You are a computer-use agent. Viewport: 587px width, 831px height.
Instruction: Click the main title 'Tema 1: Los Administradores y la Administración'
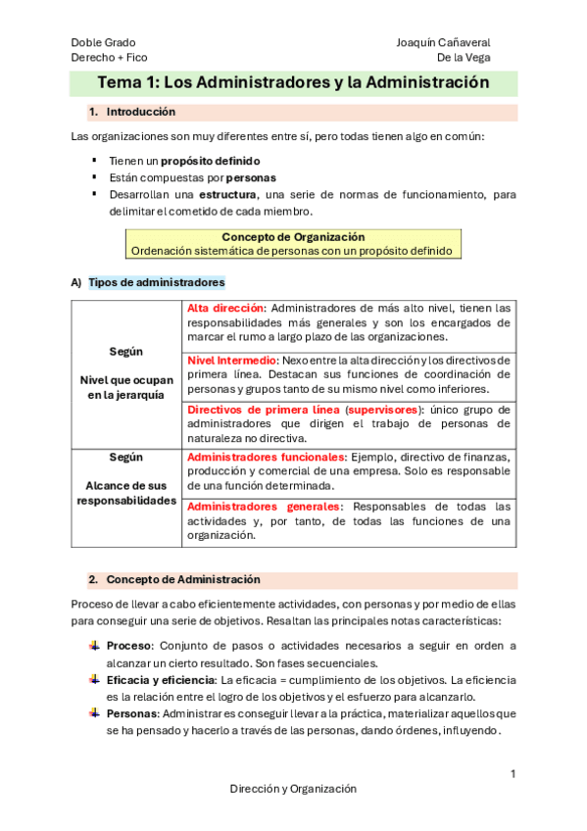click(x=293, y=83)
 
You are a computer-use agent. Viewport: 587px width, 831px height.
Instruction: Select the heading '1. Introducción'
click(x=140, y=112)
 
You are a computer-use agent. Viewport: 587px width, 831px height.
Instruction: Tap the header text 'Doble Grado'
click(x=103, y=43)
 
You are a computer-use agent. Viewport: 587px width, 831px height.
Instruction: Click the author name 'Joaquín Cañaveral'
click(x=443, y=43)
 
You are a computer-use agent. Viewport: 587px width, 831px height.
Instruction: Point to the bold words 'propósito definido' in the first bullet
click(x=211, y=160)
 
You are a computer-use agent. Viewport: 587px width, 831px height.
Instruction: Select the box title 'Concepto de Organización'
click(x=293, y=237)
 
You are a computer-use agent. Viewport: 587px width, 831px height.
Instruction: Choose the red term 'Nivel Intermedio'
click(x=232, y=361)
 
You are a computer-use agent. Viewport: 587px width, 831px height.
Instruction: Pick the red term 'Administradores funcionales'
click(x=266, y=458)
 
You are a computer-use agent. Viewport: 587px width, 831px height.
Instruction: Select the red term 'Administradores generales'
click(x=265, y=507)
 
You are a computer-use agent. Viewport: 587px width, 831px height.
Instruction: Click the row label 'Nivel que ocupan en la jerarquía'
click(x=126, y=387)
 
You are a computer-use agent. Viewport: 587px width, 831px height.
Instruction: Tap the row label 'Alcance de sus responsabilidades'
click(x=126, y=493)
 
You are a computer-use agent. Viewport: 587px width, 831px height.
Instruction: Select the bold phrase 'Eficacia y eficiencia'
click(x=161, y=680)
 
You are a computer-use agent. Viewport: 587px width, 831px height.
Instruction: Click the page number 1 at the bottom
click(x=513, y=775)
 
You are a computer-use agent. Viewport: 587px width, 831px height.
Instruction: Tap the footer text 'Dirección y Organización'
click(x=293, y=789)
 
